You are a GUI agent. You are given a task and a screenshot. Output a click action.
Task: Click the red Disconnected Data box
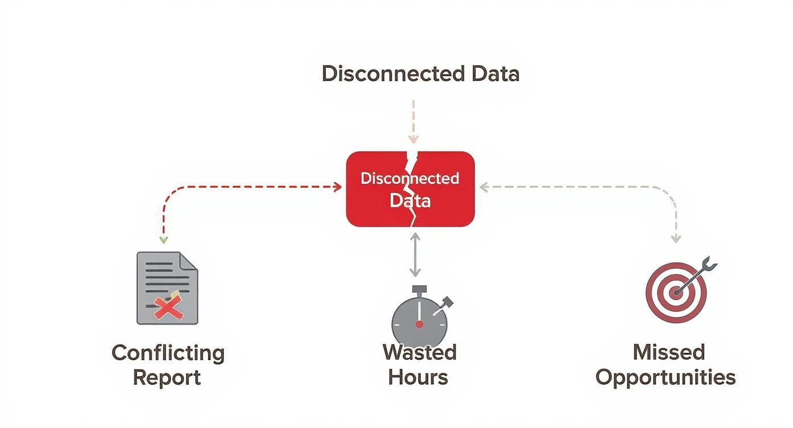pos(410,189)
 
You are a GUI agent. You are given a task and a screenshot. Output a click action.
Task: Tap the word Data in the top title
pos(495,74)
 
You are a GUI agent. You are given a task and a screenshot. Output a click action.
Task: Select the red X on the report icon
pos(169,308)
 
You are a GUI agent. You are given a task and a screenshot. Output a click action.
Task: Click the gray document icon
pos(167,288)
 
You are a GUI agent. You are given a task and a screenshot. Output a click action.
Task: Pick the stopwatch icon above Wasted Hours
pos(419,319)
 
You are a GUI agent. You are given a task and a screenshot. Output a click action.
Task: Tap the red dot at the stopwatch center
pos(419,324)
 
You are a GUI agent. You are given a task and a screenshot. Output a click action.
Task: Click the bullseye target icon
pos(676,293)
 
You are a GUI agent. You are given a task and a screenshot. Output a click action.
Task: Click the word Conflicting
pos(168,353)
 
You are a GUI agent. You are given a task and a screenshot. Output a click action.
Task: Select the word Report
pos(167,377)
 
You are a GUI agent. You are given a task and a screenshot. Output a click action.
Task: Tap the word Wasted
pos(419,352)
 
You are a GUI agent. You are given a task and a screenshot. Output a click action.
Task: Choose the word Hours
pos(418,377)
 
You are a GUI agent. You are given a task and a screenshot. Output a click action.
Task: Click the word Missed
pos(669,352)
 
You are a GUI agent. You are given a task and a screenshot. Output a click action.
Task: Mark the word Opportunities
pos(665,377)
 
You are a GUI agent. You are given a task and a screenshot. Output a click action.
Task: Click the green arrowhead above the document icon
pos(163,240)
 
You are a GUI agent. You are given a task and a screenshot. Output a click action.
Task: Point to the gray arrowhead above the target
pos(676,239)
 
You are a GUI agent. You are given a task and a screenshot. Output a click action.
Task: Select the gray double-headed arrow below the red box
pos(415,254)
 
